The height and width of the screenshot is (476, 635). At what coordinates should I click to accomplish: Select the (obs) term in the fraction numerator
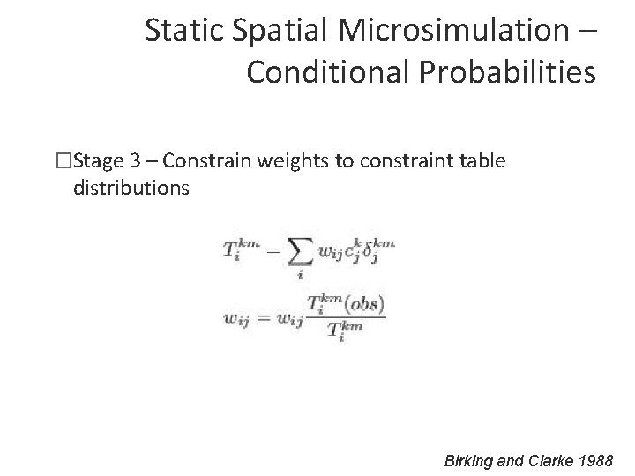pyautogui.click(x=364, y=304)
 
